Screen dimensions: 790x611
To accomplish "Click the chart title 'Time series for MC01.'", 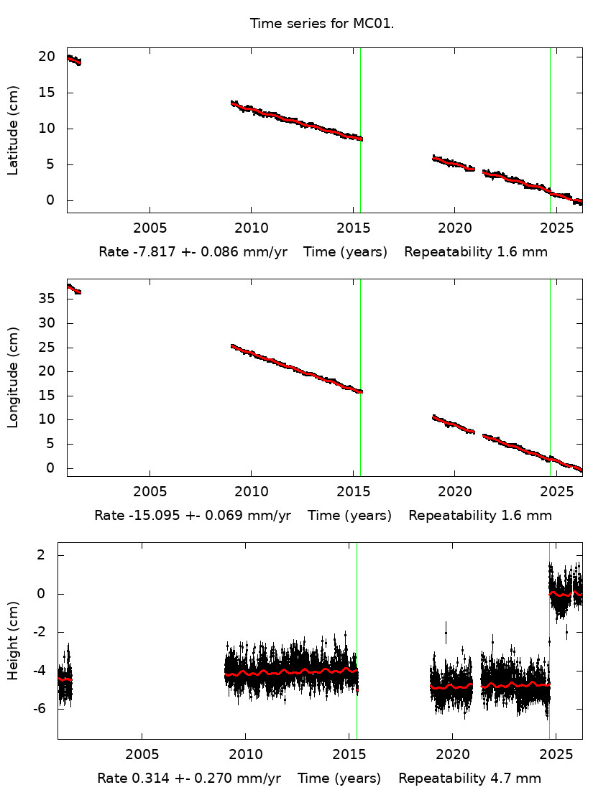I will pos(322,24).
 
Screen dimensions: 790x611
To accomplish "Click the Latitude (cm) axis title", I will pos(13,130).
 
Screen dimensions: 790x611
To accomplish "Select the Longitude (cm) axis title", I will pos(13,377).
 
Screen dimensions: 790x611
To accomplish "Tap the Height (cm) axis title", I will pos(13,641).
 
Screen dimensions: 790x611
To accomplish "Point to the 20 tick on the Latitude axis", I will pos(47,57).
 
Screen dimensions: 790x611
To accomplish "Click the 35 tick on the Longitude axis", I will pos(47,299).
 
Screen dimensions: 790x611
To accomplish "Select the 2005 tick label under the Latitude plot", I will pos(150,229).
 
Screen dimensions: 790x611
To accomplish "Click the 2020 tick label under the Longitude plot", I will pos(454,493).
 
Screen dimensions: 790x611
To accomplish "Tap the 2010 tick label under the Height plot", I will pos(245,756).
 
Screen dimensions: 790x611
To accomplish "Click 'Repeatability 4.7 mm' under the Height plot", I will pos(469,779).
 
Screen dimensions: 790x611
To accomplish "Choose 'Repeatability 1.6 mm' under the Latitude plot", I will pos(476,252).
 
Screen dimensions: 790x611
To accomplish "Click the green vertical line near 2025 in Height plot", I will pos(549,646).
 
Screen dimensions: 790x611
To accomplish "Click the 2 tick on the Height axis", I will pos(42,555).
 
